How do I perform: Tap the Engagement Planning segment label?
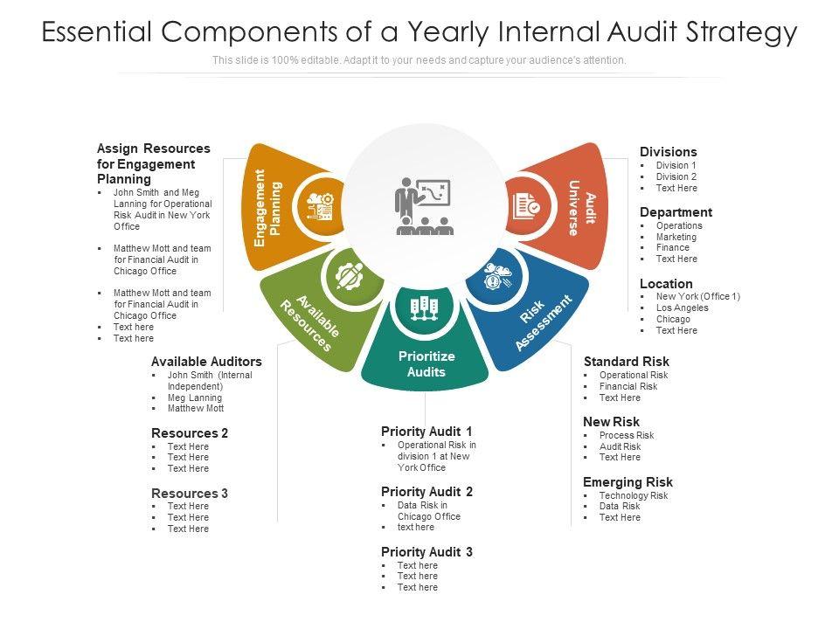coord(267,207)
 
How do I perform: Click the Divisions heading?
coord(668,152)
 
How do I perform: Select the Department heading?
coord(676,212)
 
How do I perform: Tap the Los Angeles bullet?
coord(682,308)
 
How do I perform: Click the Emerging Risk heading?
coord(628,482)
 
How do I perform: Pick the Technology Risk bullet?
coord(633,495)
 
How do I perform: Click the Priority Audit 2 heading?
coord(426,492)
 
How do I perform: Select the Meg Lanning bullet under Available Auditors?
coord(194,397)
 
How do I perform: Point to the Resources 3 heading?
coord(190,494)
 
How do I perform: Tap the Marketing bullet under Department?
coord(676,237)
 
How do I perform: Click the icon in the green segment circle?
coord(349,277)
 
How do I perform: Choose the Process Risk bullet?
coord(626,435)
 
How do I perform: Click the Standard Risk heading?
coord(626,362)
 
